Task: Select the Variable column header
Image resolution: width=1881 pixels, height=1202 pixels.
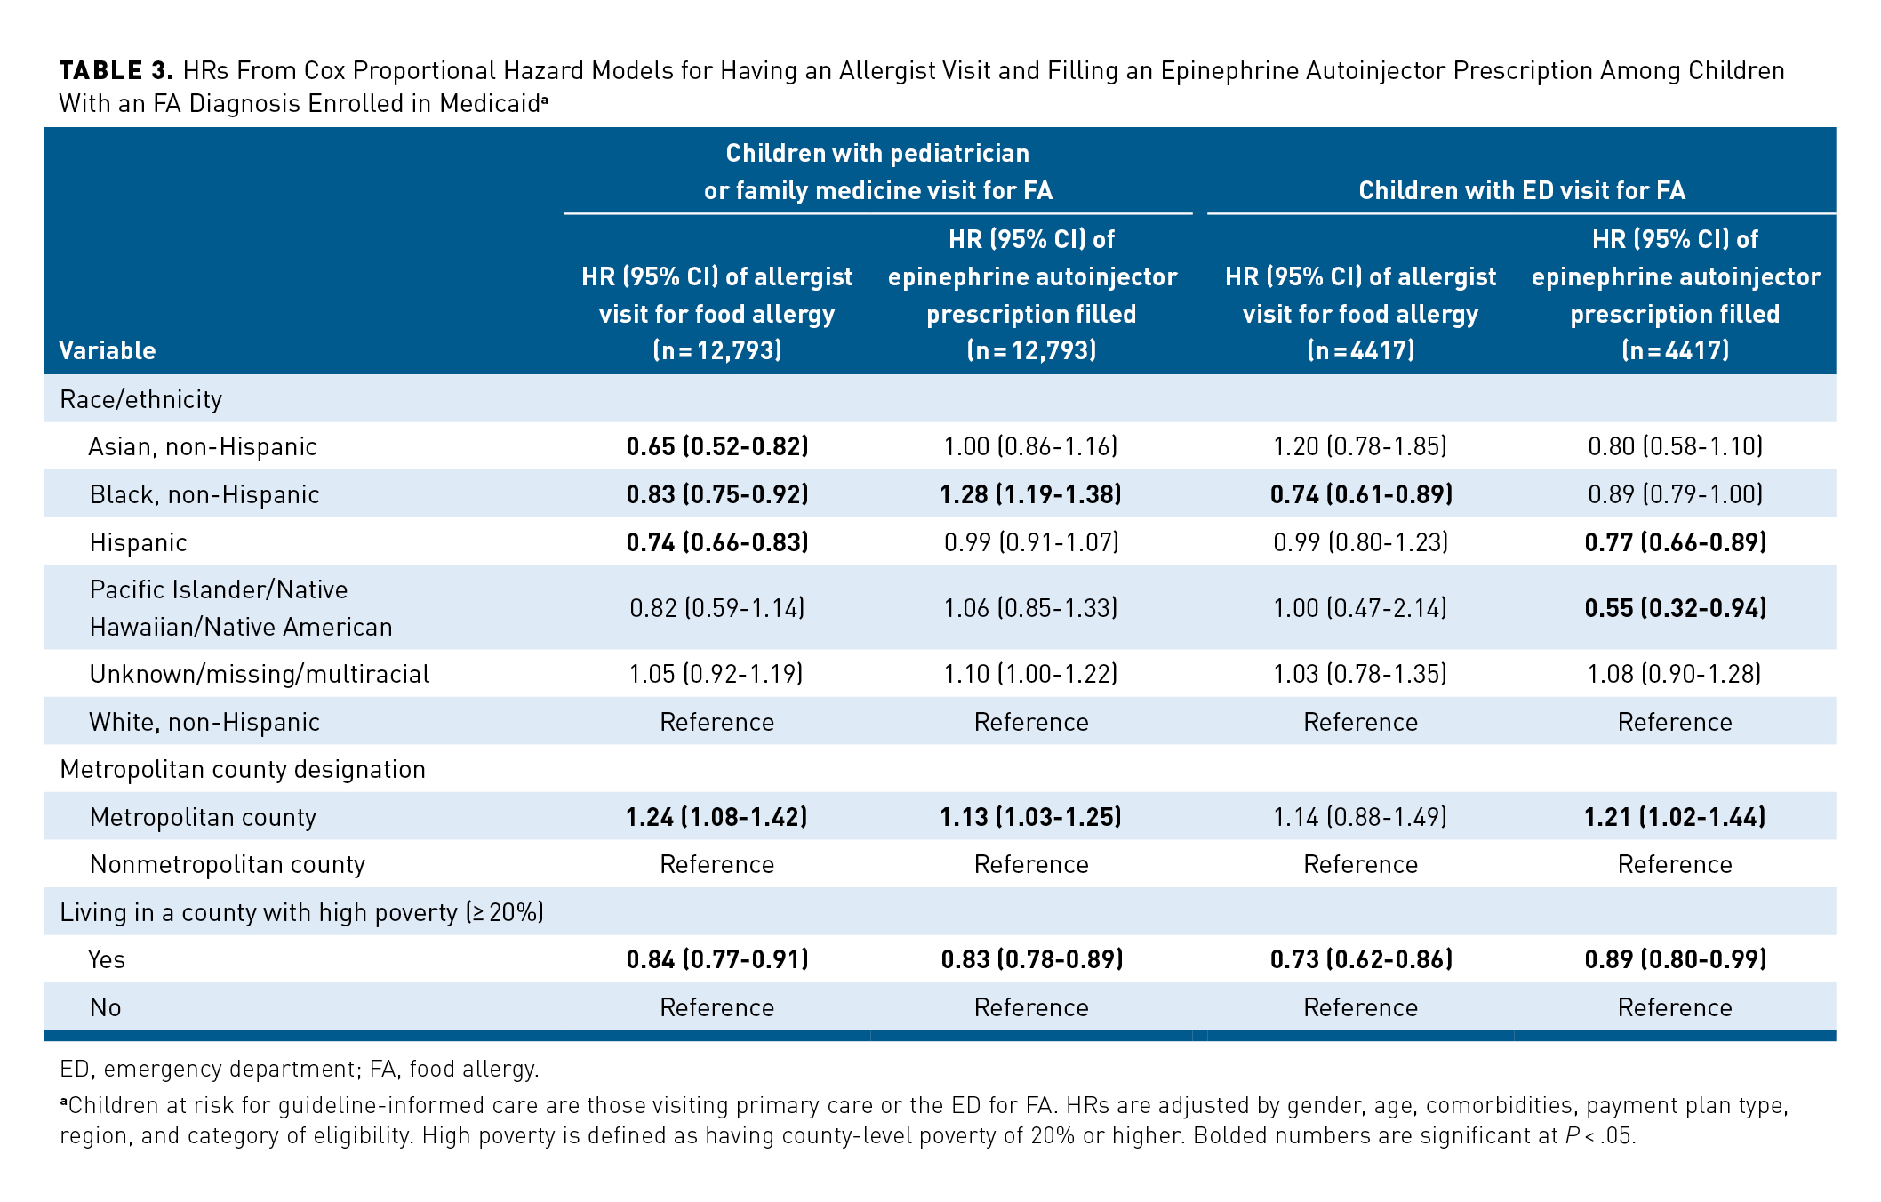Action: point(107,350)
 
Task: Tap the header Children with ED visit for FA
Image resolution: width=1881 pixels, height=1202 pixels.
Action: point(1521,190)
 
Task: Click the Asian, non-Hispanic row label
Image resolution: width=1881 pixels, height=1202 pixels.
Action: point(203,446)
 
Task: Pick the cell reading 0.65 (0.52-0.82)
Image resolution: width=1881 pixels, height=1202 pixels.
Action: point(717,446)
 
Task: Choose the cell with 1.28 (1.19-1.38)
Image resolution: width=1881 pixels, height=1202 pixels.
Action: point(1031,494)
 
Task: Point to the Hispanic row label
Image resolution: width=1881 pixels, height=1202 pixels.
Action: point(139,542)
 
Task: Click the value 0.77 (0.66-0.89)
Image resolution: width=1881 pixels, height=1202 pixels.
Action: point(1675,542)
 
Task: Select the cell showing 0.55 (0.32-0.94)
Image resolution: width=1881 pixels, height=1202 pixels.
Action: point(1675,608)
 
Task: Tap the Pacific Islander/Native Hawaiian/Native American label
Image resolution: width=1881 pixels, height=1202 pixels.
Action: point(240,608)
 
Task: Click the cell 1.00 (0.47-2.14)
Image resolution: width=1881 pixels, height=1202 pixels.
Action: point(1360,608)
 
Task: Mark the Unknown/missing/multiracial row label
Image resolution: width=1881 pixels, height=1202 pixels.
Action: point(260,674)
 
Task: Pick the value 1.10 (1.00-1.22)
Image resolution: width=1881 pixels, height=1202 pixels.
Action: point(1031,674)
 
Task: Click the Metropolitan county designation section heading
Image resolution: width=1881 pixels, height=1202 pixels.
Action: point(243,769)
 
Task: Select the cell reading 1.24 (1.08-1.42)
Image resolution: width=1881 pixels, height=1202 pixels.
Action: point(717,817)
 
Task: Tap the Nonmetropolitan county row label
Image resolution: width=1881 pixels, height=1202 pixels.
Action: point(228,864)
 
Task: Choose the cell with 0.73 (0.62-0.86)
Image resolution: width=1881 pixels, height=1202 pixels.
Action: point(1360,959)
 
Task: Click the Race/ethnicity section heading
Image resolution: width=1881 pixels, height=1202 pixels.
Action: point(140,399)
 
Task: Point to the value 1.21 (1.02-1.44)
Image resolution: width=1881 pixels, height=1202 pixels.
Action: point(1675,817)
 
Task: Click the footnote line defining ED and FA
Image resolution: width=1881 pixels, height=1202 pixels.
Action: point(300,1069)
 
